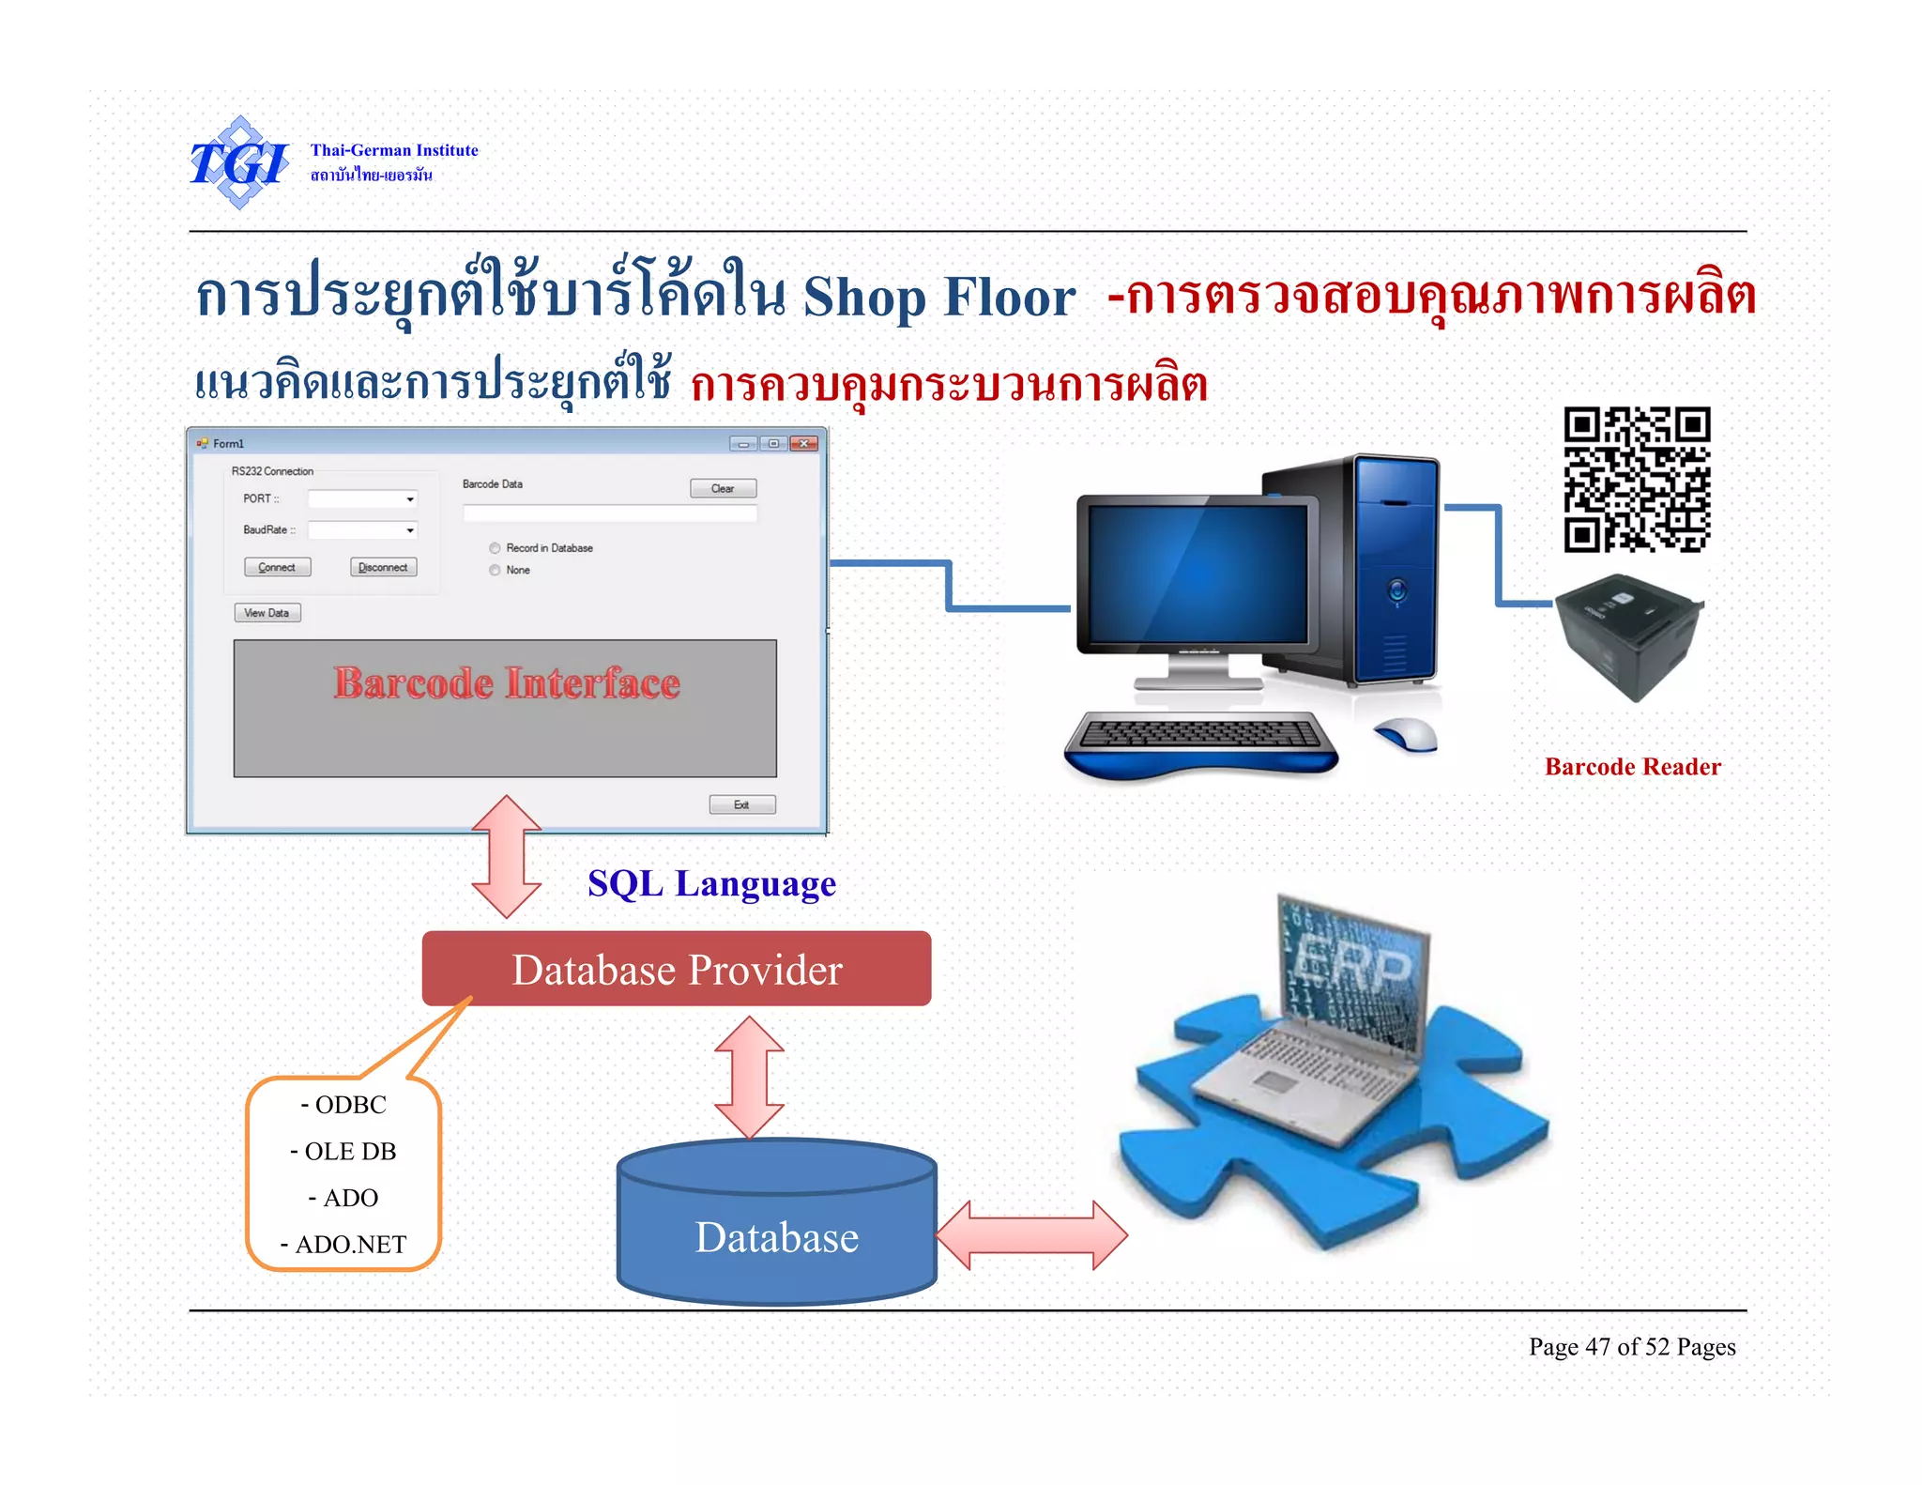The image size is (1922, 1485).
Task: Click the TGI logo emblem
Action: click(x=239, y=162)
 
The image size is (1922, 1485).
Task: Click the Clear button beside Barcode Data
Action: click(x=723, y=488)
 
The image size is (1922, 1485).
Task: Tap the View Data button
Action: click(x=267, y=613)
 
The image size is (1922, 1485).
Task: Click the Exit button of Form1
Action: click(x=741, y=804)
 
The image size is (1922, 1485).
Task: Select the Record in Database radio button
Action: click(x=495, y=548)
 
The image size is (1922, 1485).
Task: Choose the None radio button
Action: click(x=495, y=570)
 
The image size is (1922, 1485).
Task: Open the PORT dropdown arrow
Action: click(x=410, y=499)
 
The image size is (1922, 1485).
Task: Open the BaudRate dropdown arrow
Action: click(x=410, y=530)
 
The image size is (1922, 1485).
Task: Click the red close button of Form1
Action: click(x=804, y=443)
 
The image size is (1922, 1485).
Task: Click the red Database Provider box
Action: click(x=677, y=970)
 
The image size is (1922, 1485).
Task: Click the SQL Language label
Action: click(x=711, y=884)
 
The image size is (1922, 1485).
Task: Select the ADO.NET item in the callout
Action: click(x=343, y=1245)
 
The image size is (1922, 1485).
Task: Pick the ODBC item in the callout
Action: click(x=343, y=1105)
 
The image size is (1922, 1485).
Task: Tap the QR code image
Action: click(x=1637, y=480)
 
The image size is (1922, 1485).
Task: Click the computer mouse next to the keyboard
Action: click(x=1408, y=734)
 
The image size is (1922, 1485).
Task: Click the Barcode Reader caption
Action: click(x=1633, y=767)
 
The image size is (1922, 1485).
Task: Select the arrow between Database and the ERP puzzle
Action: click(x=1031, y=1235)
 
